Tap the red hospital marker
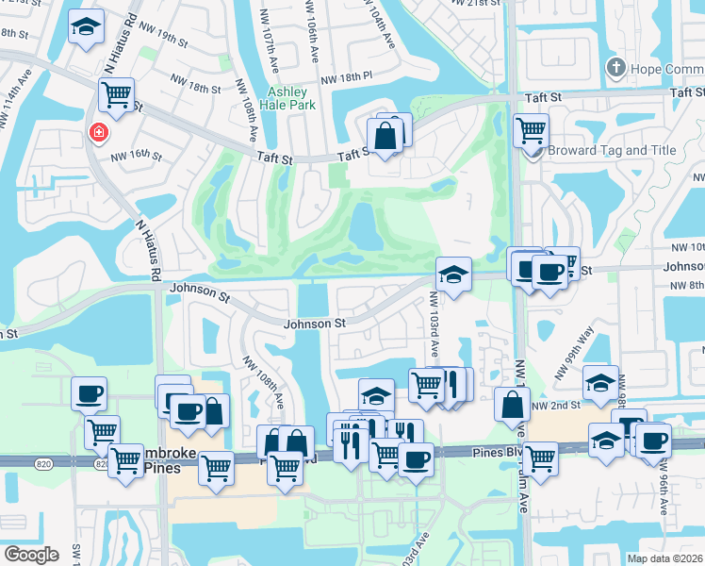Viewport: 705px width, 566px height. (97, 133)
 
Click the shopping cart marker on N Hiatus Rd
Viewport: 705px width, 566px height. (116, 92)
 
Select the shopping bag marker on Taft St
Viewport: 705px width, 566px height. (385, 136)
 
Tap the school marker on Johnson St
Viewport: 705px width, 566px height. (453, 275)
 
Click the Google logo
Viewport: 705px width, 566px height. (31, 554)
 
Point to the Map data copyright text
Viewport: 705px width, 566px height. (664, 557)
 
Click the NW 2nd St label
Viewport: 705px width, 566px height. (552, 405)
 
